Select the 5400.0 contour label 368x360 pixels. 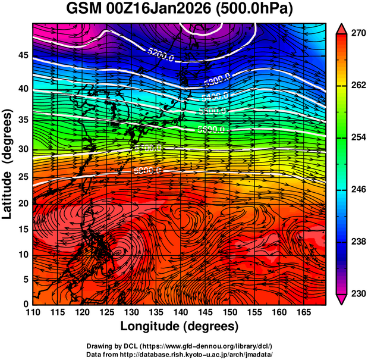click(215, 96)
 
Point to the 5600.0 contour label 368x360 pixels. click(211, 129)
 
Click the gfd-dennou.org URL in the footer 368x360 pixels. click(208, 346)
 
